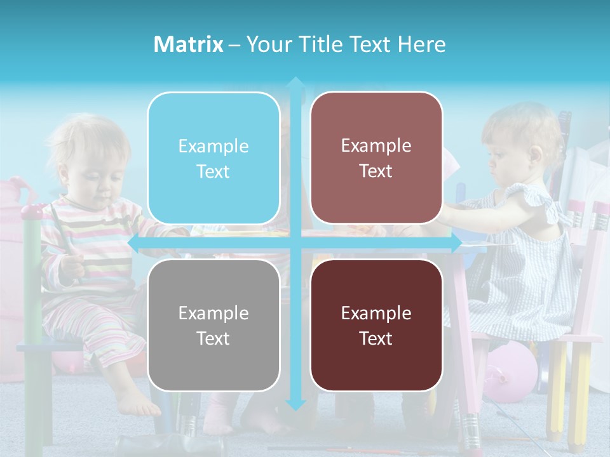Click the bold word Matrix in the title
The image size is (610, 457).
tap(189, 44)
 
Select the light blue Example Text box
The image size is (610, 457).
tap(213, 158)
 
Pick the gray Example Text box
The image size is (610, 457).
tap(213, 325)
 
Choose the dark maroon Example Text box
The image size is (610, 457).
tap(376, 325)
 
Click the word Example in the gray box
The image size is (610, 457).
tap(213, 313)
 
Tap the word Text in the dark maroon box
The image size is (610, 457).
tap(376, 338)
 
